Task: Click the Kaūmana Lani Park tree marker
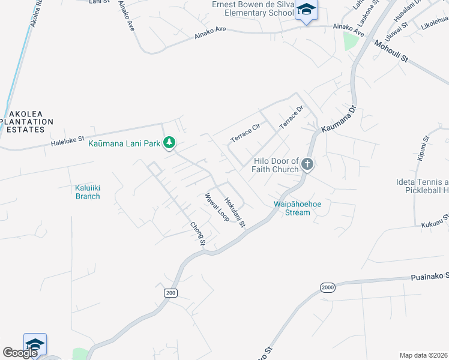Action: tap(170, 142)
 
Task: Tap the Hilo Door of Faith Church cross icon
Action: tap(307, 164)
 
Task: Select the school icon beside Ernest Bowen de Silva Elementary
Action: tap(306, 10)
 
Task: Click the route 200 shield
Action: tap(170, 292)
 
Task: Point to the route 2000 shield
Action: tap(327, 287)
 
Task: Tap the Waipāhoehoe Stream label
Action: tap(297, 208)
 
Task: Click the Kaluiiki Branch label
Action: tap(87, 192)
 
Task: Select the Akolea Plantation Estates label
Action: tap(26, 121)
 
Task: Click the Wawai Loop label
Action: tap(217, 207)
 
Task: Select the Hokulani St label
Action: tap(235, 213)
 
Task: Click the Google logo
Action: tap(20, 353)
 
